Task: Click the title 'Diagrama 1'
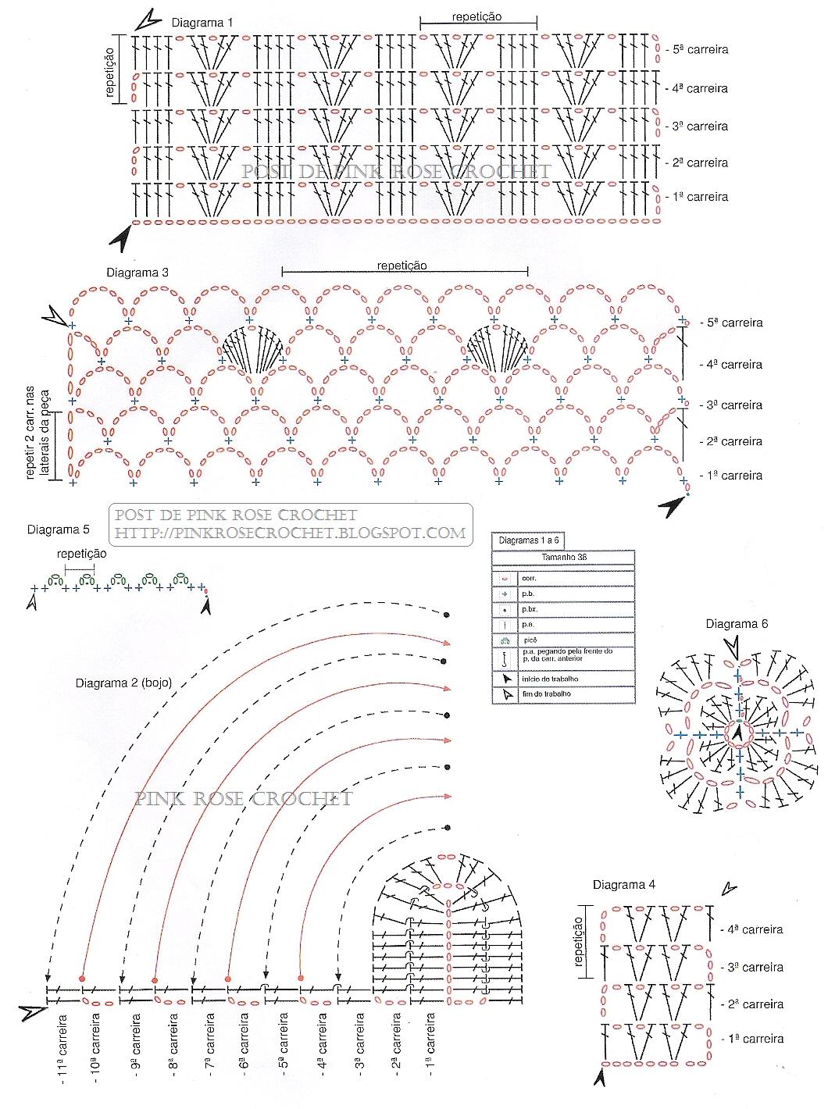point(202,23)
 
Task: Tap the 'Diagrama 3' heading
point(137,273)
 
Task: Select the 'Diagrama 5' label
point(59,530)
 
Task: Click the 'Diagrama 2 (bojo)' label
point(123,683)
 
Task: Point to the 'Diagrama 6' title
point(737,623)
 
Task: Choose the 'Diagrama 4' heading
point(623,885)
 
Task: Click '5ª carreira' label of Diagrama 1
point(700,49)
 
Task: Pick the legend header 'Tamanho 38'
point(563,558)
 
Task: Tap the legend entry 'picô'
point(530,639)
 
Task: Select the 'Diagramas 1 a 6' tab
point(529,540)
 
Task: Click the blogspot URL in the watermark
point(291,533)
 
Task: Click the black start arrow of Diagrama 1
point(120,238)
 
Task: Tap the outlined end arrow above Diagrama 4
point(728,889)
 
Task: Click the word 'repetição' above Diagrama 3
point(402,266)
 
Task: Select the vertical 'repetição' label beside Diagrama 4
point(579,941)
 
